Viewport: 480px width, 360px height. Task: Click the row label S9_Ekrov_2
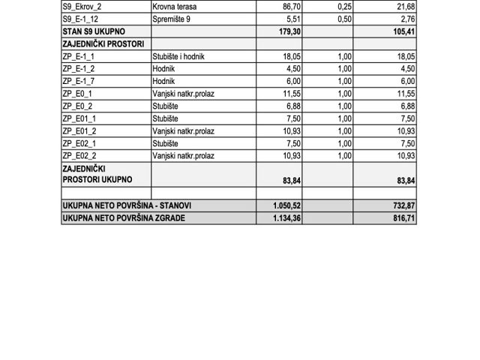click(x=85, y=7)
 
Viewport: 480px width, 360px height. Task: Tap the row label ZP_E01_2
click(x=80, y=130)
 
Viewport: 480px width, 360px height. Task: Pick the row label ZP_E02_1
click(x=80, y=143)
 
